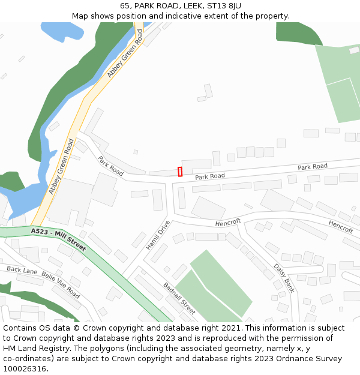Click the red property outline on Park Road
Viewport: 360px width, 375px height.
(x=180, y=172)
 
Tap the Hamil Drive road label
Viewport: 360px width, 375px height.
(x=158, y=235)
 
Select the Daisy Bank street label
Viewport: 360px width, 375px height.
(x=284, y=277)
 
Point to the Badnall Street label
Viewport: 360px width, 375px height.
(x=179, y=298)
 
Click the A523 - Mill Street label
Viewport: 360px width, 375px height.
(x=58, y=239)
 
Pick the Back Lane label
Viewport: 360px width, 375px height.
(x=22, y=270)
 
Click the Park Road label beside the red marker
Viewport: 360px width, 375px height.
(x=210, y=176)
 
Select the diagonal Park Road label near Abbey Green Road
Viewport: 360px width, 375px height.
(x=110, y=166)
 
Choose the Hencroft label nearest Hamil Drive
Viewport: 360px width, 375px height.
(x=228, y=222)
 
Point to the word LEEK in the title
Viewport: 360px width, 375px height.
(x=191, y=5)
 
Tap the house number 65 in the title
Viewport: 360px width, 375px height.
(x=125, y=5)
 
